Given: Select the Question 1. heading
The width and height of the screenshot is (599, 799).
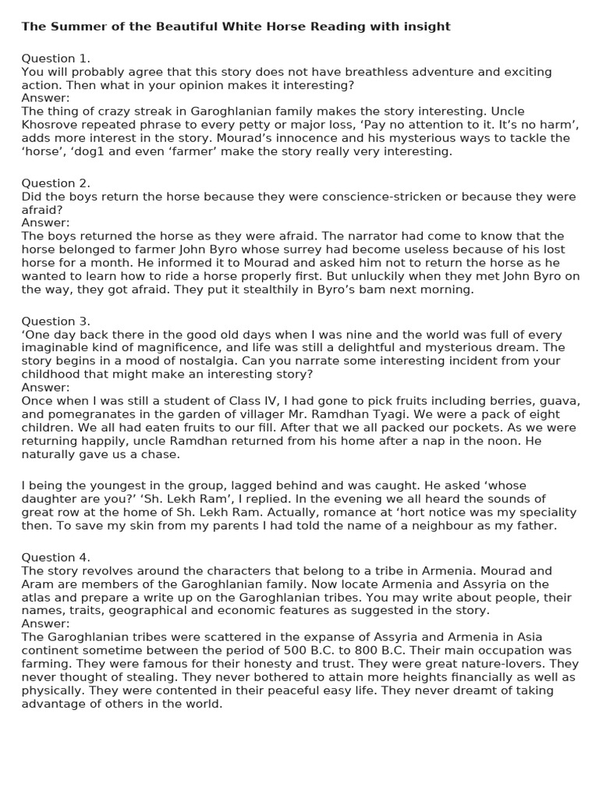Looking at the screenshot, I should pyautogui.click(x=55, y=59).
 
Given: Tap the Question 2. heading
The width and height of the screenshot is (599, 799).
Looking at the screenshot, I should pyautogui.click(x=55, y=183).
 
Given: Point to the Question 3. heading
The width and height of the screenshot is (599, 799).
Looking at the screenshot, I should pyautogui.click(x=55, y=321).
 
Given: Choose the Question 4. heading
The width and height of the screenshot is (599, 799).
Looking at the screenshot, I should pyautogui.click(x=55, y=557).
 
